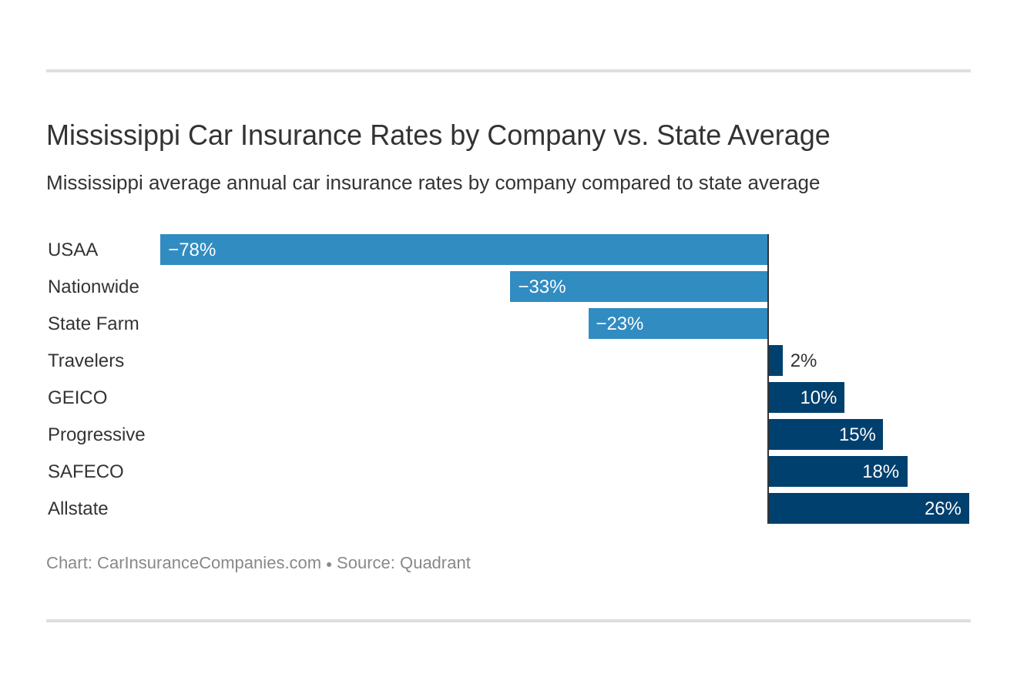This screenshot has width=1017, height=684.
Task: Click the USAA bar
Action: [464, 250]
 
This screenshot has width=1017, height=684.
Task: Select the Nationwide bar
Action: [639, 287]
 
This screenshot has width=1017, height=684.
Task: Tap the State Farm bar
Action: [678, 324]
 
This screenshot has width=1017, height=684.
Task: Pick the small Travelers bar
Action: [776, 360]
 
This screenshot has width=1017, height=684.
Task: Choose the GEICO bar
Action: [806, 397]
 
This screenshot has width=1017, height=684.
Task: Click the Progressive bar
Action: [825, 434]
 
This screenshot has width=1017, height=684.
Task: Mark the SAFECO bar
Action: [837, 471]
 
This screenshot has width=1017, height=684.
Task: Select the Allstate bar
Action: [868, 508]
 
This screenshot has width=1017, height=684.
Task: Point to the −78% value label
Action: [192, 250]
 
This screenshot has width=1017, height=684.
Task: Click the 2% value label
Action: [803, 360]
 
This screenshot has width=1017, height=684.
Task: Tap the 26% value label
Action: [942, 508]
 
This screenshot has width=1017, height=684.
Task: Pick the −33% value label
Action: [542, 287]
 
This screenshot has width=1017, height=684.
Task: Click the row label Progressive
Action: [96, 434]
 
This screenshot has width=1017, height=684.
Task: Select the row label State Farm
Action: [93, 324]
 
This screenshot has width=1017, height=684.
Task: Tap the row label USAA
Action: [72, 250]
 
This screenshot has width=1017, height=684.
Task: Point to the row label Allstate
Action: [78, 508]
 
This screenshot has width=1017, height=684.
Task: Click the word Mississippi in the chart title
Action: [112, 136]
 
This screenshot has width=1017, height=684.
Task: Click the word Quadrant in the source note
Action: [435, 563]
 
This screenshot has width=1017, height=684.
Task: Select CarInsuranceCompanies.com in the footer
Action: [209, 563]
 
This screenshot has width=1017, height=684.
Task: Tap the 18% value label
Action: [880, 471]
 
